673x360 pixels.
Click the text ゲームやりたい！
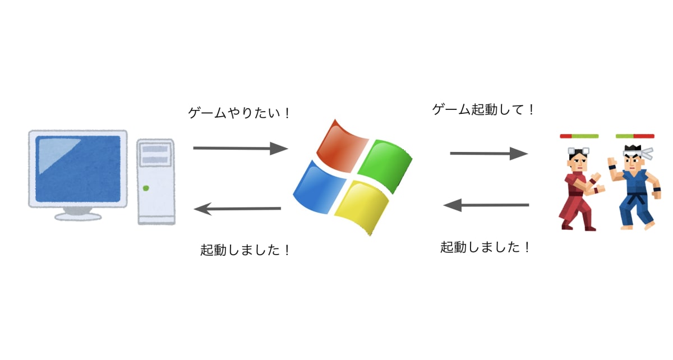click(240, 113)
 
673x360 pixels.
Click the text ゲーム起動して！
click(484, 109)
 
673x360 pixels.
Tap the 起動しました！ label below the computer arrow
click(246, 250)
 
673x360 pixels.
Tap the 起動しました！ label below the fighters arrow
click(486, 246)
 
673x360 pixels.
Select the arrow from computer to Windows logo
click(240, 148)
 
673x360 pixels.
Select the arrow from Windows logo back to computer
click(237, 209)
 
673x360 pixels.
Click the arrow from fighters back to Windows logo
click(486, 205)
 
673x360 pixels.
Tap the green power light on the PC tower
click(146, 188)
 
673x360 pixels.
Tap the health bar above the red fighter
click(579, 136)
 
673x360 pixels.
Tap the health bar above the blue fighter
click(635, 136)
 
